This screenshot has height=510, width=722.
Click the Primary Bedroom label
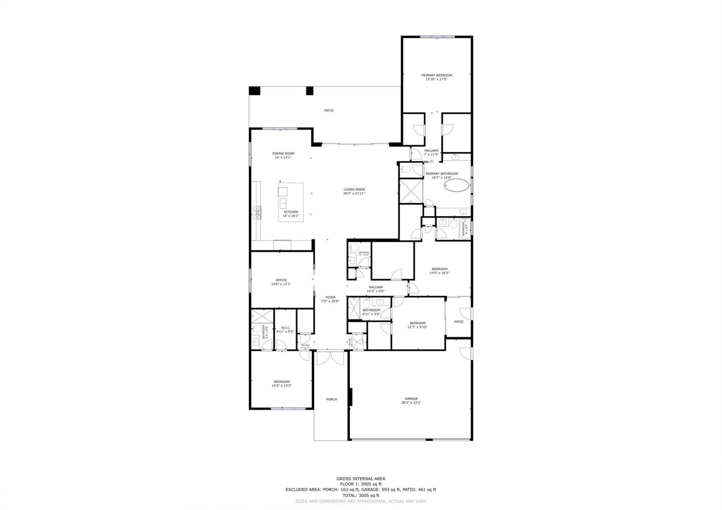(436, 75)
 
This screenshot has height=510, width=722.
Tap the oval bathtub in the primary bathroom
(457, 185)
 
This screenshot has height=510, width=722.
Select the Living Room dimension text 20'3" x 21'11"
(354, 194)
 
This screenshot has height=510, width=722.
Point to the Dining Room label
(283, 153)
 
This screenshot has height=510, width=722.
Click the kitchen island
(291, 202)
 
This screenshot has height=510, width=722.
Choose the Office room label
(281, 280)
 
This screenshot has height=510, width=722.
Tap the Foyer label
(330, 297)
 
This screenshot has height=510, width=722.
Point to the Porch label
(331, 400)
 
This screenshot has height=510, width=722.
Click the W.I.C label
(285, 327)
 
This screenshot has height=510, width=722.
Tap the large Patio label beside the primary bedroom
(329, 110)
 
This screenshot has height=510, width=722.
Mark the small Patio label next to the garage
(458, 322)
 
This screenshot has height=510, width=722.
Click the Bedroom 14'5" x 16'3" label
(439, 269)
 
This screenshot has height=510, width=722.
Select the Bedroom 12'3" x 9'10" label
(417, 323)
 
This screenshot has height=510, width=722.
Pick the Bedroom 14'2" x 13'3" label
(282, 382)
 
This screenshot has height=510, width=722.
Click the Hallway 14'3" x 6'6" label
(376, 287)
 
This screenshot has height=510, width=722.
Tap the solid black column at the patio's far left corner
(255, 91)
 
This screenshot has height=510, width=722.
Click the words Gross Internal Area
(360, 478)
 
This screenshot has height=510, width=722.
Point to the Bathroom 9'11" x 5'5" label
(371, 310)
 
